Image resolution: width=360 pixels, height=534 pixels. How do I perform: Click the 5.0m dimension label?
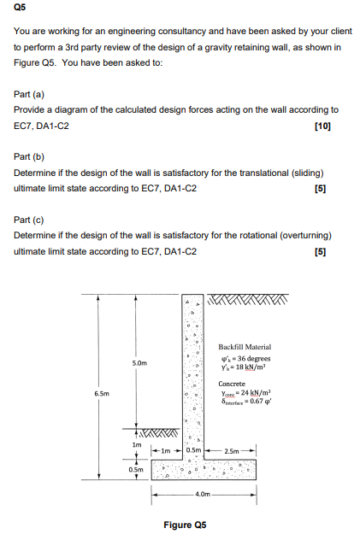139,363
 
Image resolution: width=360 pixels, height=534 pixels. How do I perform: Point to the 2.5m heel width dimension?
233,449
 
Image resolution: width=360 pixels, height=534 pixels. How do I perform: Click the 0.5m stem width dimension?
192,449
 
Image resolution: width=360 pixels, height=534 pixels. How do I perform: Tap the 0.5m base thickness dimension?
135,469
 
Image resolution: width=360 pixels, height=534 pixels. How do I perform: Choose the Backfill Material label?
245,346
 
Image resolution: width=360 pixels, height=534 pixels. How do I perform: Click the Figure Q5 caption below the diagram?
185,523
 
